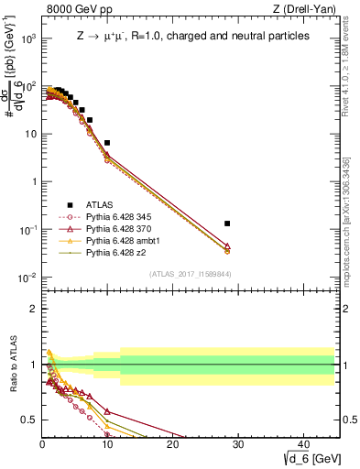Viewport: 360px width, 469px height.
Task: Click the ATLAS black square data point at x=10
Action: point(107,143)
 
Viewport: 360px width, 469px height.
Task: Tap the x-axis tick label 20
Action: point(173,443)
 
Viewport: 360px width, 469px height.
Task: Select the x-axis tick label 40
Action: point(303,443)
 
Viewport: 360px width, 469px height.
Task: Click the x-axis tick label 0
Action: point(42,443)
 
